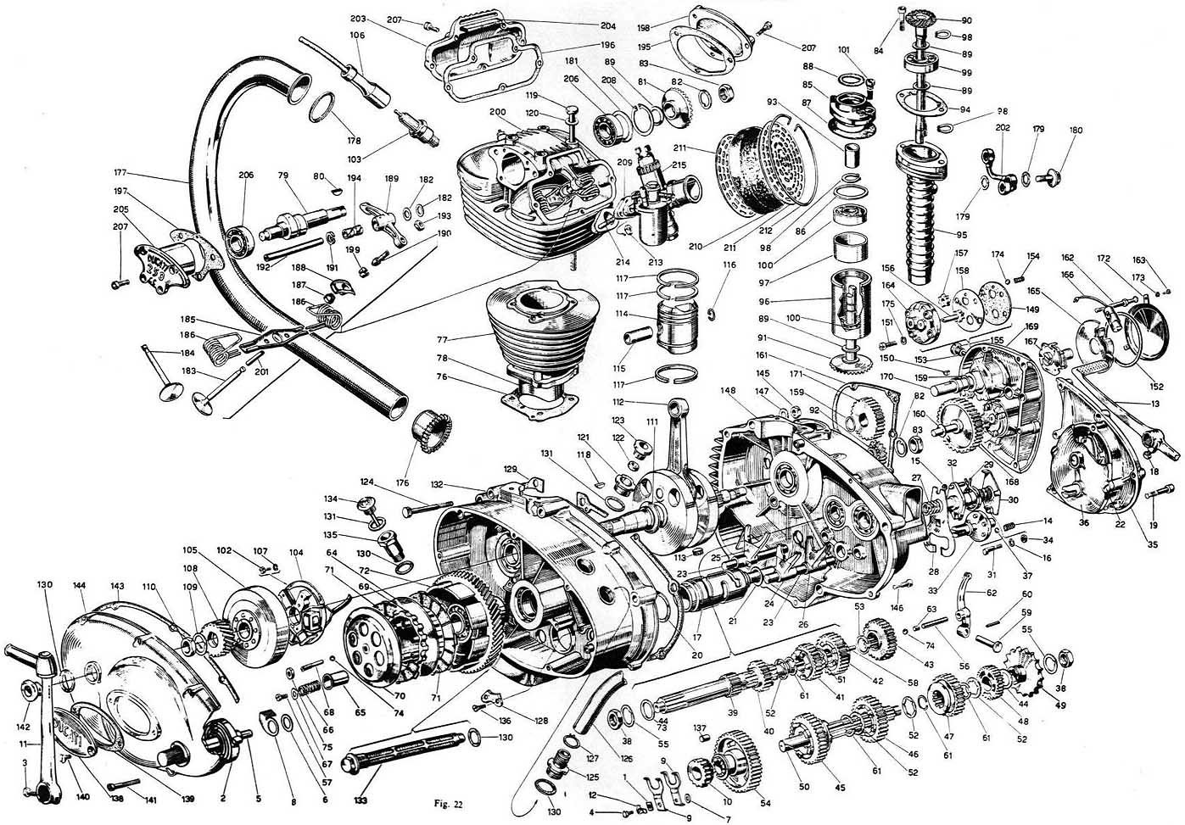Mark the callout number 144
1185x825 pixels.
[x=81, y=586]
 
